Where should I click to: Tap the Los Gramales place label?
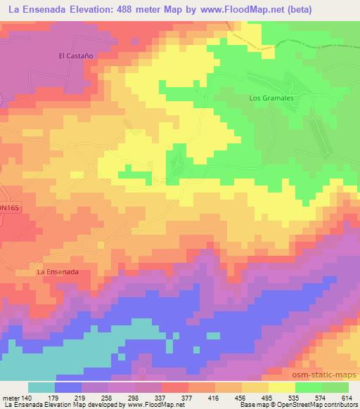click(x=268, y=98)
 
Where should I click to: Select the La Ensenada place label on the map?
click(x=57, y=272)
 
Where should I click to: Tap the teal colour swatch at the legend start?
click(x=41, y=388)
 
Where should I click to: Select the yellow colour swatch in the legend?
click(x=281, y=388)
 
